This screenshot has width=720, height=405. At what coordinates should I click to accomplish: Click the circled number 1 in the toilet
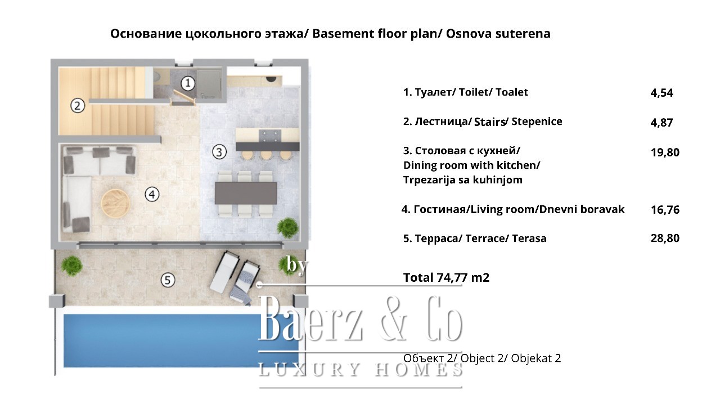[188, 83]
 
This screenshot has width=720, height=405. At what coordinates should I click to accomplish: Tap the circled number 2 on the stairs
[78, 106]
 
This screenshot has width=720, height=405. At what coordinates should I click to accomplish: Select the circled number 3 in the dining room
[219, 152]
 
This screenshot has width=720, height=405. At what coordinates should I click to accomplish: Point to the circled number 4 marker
[152, 194]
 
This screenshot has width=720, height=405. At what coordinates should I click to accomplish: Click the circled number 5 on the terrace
[168, 280]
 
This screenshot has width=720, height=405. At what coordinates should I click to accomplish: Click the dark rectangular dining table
[246, 193]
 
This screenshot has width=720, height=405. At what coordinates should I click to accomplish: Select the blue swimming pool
[181, 341]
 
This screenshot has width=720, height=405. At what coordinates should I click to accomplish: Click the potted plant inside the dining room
[287, 228]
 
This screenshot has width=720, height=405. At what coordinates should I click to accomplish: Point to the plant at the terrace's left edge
[71, 265]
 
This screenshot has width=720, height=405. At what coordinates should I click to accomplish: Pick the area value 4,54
[661, 93]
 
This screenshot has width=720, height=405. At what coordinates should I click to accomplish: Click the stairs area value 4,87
[661, 123]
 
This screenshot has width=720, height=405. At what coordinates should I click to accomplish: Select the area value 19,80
[665, 152]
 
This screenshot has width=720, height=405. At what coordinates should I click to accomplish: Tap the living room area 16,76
[665, 210]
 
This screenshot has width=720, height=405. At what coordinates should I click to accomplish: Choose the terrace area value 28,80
[665, 238]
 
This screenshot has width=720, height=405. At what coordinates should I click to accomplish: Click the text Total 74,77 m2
[446, 277]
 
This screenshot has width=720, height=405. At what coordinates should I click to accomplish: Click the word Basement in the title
[343, 33]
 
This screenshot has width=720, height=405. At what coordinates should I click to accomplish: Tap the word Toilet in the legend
[474, 92]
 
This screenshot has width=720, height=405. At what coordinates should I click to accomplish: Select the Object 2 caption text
[482, 358]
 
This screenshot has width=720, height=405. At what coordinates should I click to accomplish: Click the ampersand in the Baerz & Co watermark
[395, 318]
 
